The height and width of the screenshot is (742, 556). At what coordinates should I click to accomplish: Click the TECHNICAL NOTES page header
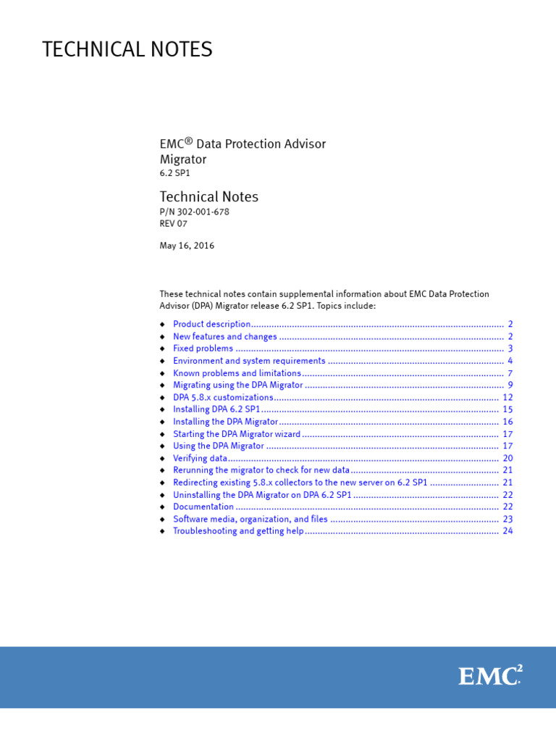click(127, 49)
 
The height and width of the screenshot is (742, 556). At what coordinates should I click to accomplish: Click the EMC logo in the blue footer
click(489, 676)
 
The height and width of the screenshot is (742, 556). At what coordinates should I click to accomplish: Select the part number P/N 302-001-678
click(194, 212)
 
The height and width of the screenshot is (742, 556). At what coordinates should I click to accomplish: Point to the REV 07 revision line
click(173, 223)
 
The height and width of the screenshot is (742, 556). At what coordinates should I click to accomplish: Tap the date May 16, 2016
click(187, 246)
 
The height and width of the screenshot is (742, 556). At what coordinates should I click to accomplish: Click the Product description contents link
click(212, 325)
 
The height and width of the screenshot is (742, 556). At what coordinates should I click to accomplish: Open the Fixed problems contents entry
click(203, 349)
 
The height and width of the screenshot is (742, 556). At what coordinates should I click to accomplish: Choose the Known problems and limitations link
click(237, 373)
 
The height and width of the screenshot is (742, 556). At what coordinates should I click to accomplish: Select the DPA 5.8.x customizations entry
click(223, 398)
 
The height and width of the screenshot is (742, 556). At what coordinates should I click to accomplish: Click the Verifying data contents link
click(200, 459)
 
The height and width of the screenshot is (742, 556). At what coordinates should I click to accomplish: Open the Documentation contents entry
click(203, 507)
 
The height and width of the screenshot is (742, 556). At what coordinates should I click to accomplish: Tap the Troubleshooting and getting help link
click(238, 531)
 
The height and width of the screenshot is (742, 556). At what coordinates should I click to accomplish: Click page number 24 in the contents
click(507, 531)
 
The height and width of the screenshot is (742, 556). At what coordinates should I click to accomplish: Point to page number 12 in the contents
click(507, 398)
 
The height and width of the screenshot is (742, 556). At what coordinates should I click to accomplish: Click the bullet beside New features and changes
click(163, 337)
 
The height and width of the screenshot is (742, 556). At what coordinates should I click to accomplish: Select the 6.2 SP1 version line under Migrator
click(175, 174)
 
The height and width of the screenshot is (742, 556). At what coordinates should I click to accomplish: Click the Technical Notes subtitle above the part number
click(208, 196)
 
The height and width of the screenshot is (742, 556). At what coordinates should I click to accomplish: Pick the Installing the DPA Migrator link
click(225, 422)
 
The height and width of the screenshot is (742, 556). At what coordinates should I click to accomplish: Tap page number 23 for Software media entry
click(507, 520)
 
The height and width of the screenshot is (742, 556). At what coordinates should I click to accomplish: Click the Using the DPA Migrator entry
click(219, 446)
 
